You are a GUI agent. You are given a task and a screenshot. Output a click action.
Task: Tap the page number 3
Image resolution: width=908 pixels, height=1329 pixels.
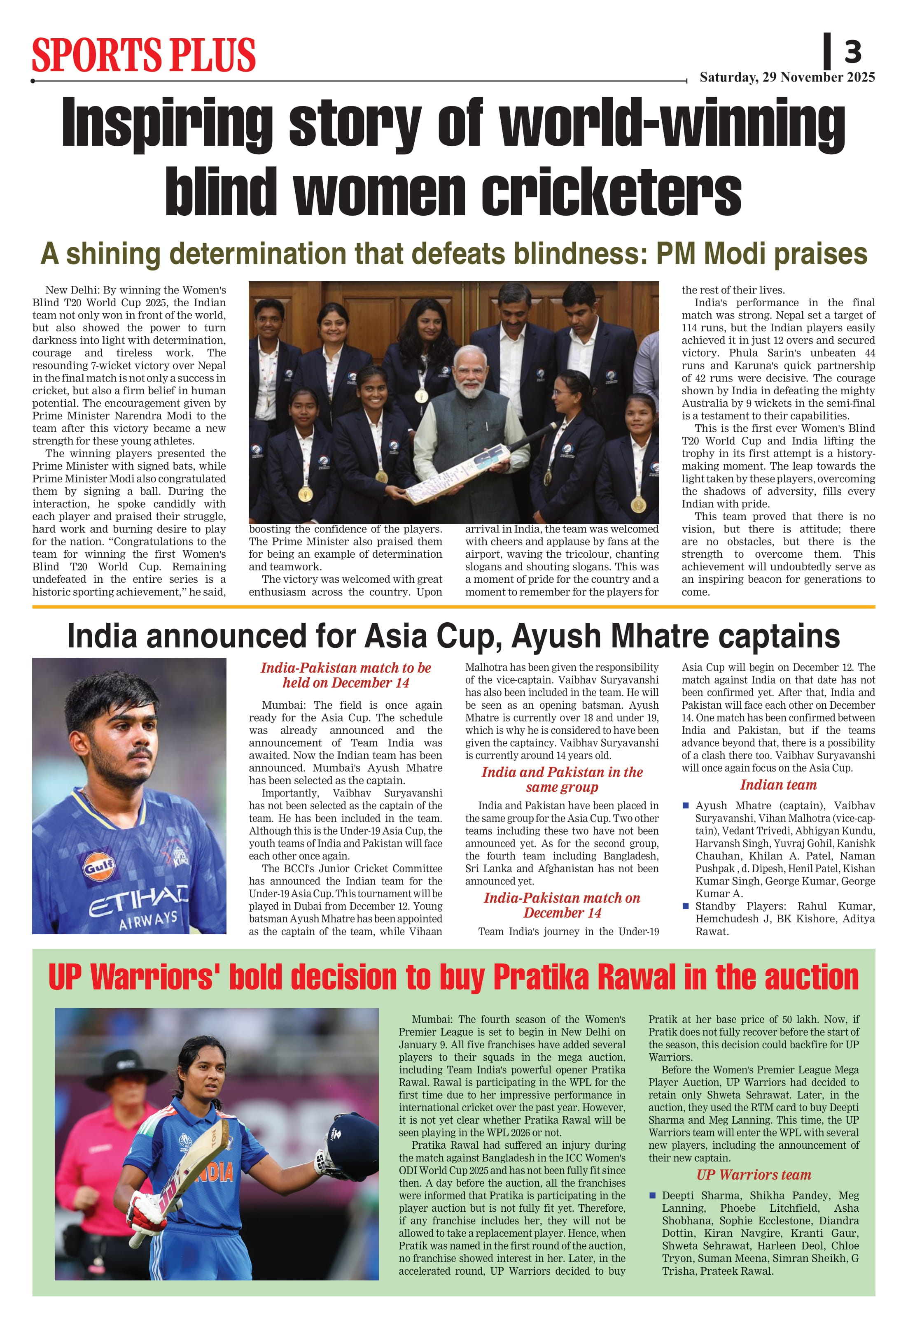coord(852,52)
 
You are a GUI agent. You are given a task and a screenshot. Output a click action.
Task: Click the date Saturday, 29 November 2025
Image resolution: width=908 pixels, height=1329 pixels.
coord(787,77)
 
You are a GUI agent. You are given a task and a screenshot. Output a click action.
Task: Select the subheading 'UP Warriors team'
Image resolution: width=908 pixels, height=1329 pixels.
coord(754,1175)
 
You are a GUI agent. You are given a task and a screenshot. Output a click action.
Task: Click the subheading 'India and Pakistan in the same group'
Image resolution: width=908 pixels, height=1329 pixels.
coord(562,780)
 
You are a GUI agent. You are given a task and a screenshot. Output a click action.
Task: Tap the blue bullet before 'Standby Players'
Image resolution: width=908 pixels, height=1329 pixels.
coord(686,906)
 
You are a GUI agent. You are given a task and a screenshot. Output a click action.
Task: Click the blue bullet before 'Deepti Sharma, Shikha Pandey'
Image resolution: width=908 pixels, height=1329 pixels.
coord(652,1195)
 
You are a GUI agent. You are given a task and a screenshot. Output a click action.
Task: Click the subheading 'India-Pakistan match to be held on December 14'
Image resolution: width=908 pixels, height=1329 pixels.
coord(345,675)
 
